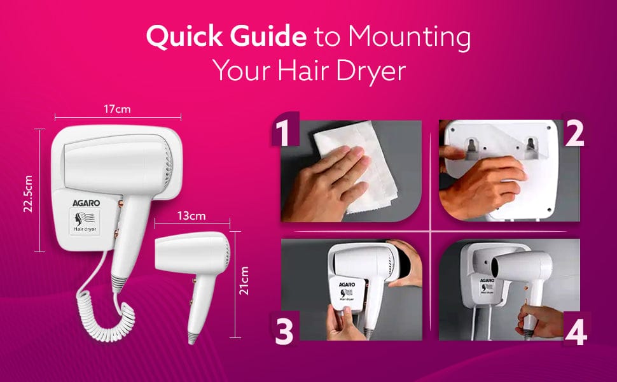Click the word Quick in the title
point(184,37)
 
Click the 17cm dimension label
point(117,109)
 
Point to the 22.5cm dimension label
point(28,194)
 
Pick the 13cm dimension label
point(191,216)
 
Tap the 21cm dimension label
point(244,281)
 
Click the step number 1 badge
point(286,129)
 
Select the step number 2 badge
point(574,133)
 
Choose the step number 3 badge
point(284,330)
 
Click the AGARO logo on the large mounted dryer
point(86,203)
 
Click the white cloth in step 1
point(354,166)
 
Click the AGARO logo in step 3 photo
point(347,285)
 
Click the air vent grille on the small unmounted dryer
point(226,252)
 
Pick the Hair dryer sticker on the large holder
point(85,222)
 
